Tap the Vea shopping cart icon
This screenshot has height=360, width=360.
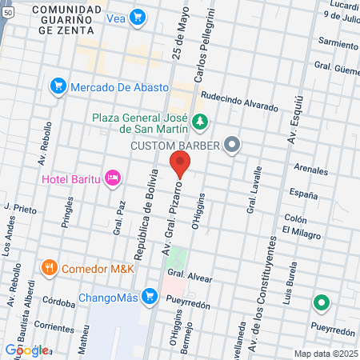click(x=138, y=16)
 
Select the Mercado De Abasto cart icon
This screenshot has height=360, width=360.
click(x=58, y=86)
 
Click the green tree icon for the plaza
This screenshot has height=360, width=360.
click(x=198, y=122)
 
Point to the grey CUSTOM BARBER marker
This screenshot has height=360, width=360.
click(x=232, y=145)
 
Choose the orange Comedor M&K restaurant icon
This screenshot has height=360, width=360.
click(x=50, y=267)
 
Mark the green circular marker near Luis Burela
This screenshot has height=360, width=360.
click(x=321, y=303)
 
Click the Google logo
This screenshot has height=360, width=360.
click(x=26, y=350)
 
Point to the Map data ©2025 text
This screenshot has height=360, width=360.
click(x=325, y=354)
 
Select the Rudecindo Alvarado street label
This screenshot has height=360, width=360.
click(x=239, y=100)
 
